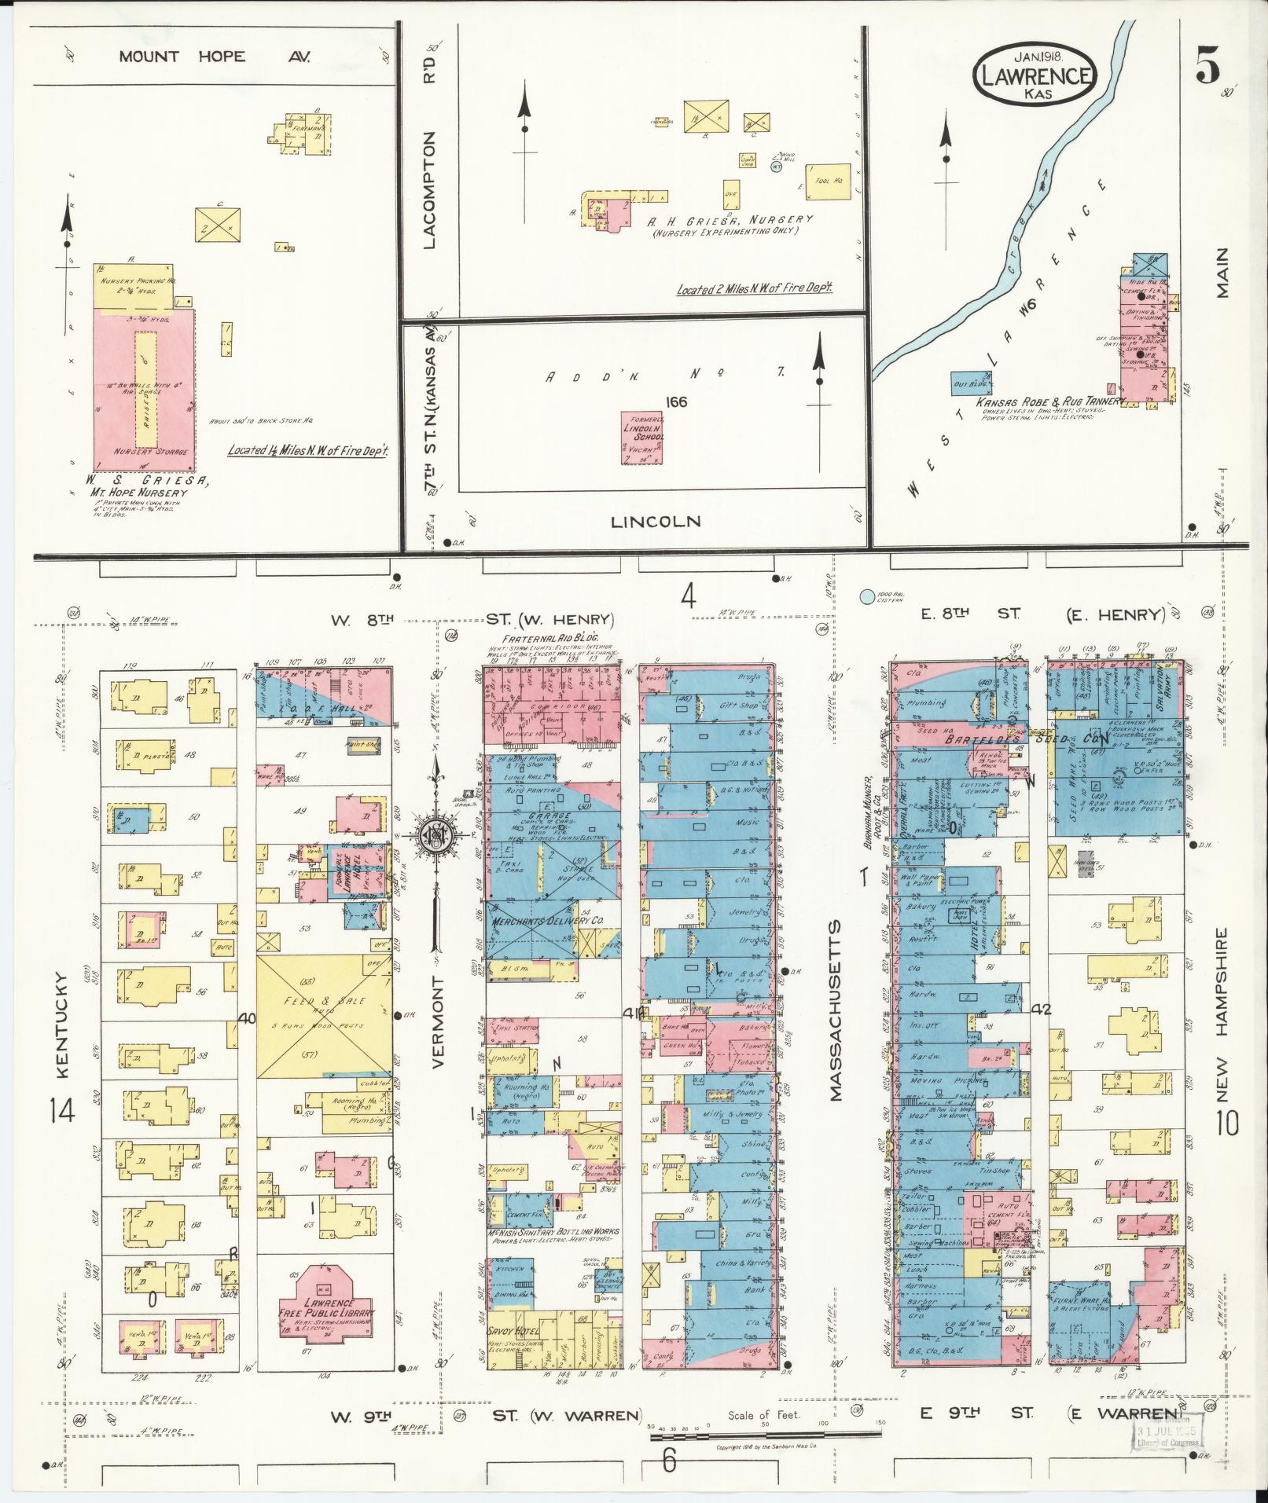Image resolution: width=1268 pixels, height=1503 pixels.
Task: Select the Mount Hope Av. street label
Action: point(215,57)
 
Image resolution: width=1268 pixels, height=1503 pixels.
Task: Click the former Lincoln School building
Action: point(641,438)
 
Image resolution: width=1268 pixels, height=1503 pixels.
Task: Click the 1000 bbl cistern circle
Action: point(867,598)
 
